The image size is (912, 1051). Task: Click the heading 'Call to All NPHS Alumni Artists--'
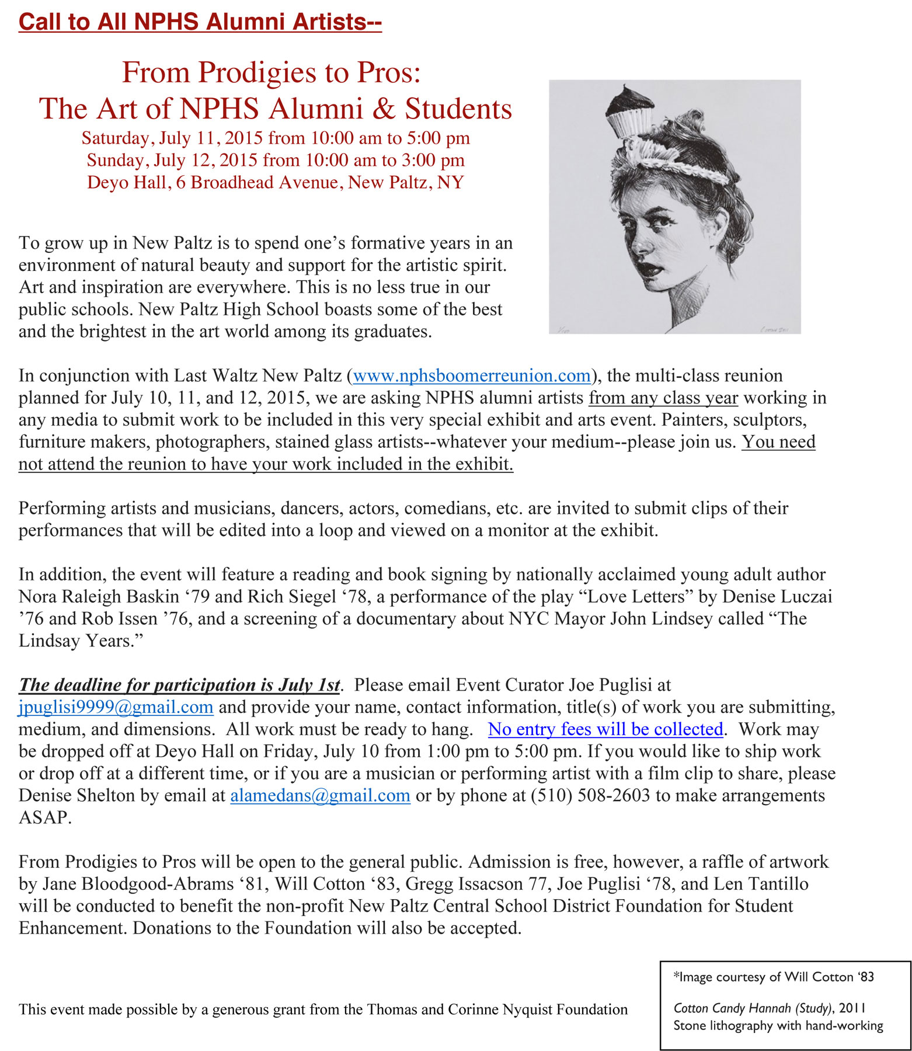[x=200, y=22]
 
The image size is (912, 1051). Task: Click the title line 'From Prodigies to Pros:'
[x=271, y=73]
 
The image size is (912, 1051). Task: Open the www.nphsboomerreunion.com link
[x=472, y=375]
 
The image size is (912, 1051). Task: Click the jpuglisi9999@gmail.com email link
[x=116, y=707]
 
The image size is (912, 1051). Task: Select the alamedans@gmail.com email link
[x=320, y=796]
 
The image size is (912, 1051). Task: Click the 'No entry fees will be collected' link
[x=605, y=729]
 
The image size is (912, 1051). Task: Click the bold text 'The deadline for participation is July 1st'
[x=179, y=685]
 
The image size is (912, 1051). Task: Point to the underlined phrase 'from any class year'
[x=663, y=398]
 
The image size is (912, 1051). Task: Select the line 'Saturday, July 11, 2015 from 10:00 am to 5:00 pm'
[x=276, y=138]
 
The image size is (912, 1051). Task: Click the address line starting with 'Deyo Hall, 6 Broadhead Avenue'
[x=276, y=183]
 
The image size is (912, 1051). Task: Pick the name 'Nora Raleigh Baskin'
[x=99, y=597]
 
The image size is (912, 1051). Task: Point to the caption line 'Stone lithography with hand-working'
[x=778, y=1026]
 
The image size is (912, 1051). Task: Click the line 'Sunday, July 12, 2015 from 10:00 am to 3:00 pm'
[x=276, y=161]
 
